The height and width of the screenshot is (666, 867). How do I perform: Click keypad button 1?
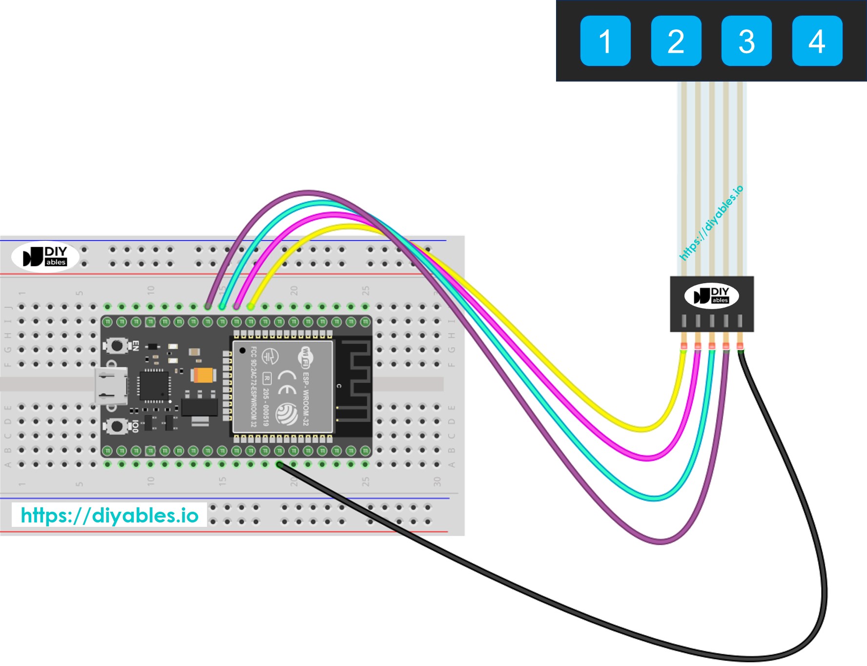pyautogui.click(x=605, y=41)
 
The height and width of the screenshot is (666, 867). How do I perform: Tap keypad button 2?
pyautogui.click(x=676, y=41)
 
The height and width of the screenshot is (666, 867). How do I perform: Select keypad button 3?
pyautogui.click(x=746, y=41)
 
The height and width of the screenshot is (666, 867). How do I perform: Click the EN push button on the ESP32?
pyautogui.click(x=117, y=346)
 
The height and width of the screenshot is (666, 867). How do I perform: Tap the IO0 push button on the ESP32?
pyautogui.click(x=117, y=426)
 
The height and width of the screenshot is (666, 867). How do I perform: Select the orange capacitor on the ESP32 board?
pyautogui.click(x=204, y=375)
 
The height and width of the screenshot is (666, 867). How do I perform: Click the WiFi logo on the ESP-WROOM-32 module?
pyautogui.click(x=306, y=357)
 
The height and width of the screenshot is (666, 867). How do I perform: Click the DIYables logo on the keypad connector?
pyautogui.click(x=711, y=295)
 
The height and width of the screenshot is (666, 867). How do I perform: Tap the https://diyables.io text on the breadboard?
pyautogui.click(x=109, y=515)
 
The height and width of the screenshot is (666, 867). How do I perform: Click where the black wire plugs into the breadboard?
pyautogui.click(x=279, y=464)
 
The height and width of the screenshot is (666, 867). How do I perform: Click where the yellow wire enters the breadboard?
pyautogui.click(x=250, y=307)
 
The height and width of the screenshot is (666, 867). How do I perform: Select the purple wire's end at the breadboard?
pyautogui.click(x=208, y=307)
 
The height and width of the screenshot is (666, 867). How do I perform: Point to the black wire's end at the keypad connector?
pyautogui.click(x=740, y=348)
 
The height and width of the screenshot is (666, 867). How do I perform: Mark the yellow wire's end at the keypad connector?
pyautogui.click(x=683, y=348)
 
